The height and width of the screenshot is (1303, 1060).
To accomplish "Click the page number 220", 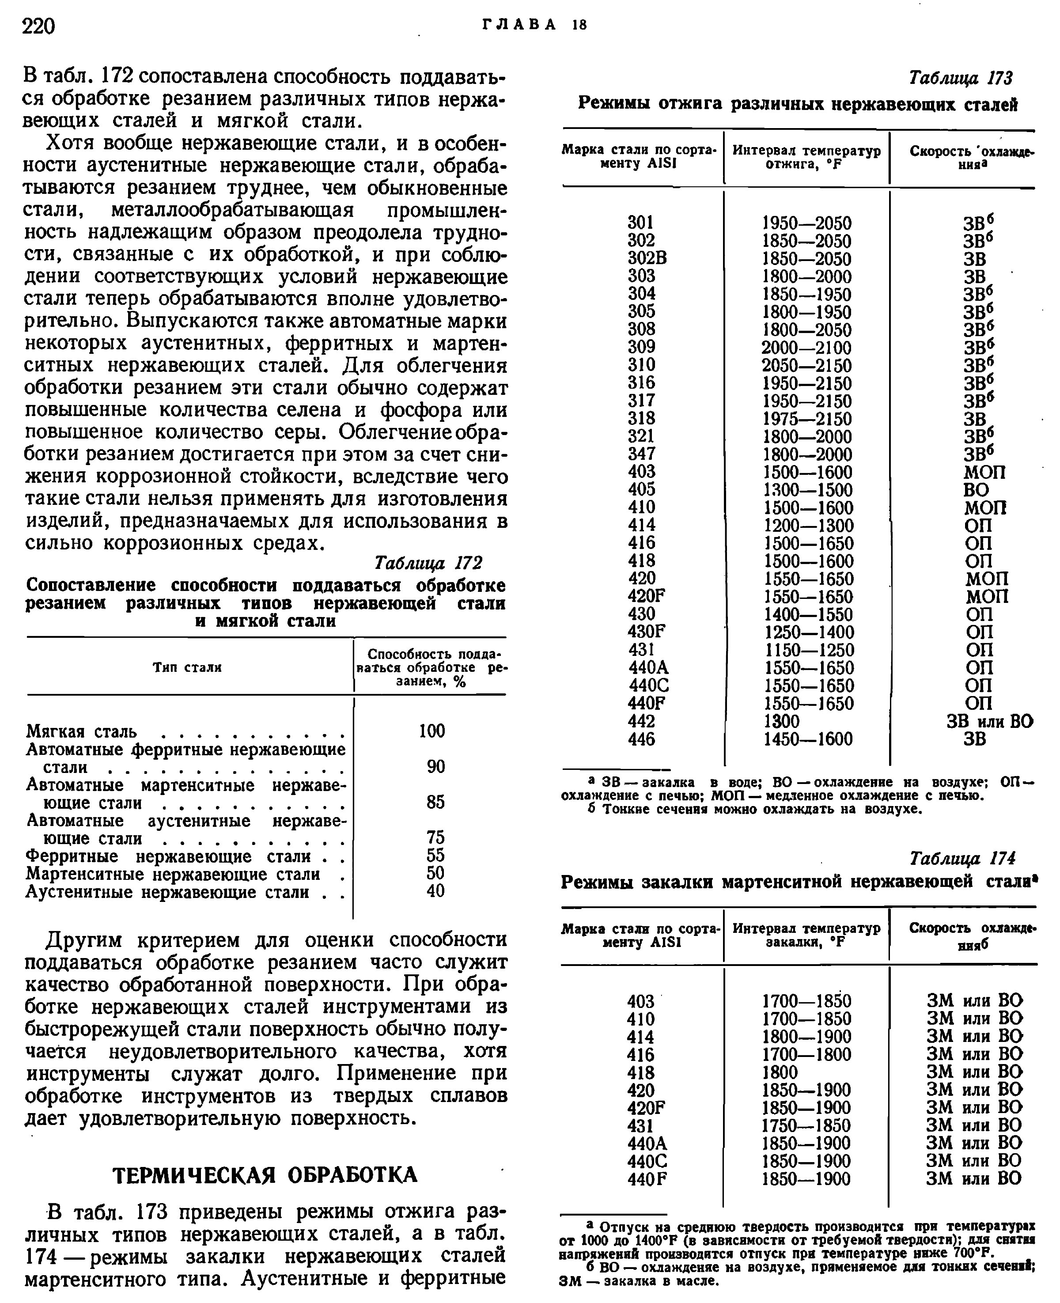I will [38, 26].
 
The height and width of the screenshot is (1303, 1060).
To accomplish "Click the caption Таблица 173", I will [961, 78].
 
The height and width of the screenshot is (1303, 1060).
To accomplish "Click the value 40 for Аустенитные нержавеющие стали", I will [435, 891].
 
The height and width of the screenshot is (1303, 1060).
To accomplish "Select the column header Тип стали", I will [187, 667].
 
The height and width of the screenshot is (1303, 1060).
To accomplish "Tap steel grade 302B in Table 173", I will [647, 258].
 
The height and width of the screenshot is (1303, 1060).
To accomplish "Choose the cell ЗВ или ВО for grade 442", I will [989, 721].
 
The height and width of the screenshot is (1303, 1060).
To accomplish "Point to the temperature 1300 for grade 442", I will [782, 721].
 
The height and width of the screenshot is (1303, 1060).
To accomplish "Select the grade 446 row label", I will [641, 739].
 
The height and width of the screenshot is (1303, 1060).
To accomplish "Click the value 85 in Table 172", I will [435, 802].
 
